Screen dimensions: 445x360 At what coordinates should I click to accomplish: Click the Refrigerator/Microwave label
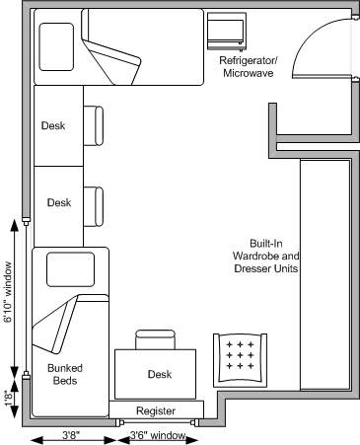tap(249, 67)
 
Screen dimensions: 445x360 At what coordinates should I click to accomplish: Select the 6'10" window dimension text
tap(9, 292)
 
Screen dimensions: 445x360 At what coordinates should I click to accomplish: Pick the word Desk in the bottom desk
tap(160, 374)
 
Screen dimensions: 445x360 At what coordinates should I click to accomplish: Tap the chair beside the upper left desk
tap(99, 126)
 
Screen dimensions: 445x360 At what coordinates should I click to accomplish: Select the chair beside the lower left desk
tap(99, 204)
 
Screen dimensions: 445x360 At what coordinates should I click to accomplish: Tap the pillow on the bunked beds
tap(68, 268)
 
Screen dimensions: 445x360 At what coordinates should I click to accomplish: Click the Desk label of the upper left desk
tap(55, 126)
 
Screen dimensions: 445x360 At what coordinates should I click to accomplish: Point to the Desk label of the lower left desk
tap(59, 203)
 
